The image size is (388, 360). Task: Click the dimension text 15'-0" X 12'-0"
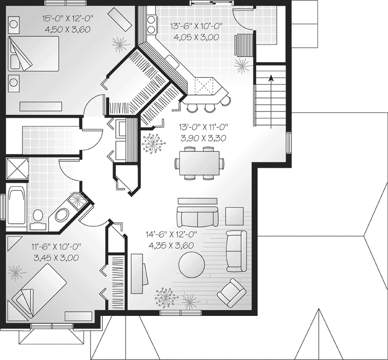(x=67, y=18)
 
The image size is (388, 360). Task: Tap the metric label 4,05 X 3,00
(x=196, y=37)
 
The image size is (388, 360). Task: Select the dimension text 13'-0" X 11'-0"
(x=203, y=127)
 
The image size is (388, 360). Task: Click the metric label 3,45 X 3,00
(x=56, y=258)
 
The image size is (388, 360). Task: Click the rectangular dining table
(x=199, y=163)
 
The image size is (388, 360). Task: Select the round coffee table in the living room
(x=192, y=265)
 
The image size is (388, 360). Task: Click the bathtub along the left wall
(x=17, y=207)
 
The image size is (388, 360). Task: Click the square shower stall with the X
(x=17, y=169)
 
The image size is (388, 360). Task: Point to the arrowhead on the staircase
(x=271, y=78)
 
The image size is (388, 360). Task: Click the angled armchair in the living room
(x=232, y=293)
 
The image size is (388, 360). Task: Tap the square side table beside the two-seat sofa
(x=234, y=216)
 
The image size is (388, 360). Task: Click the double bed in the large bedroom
(x=34, y=54)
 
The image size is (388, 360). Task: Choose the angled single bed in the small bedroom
(x=37, y=291)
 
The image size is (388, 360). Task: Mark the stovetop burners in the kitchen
(x=151, y=24)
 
